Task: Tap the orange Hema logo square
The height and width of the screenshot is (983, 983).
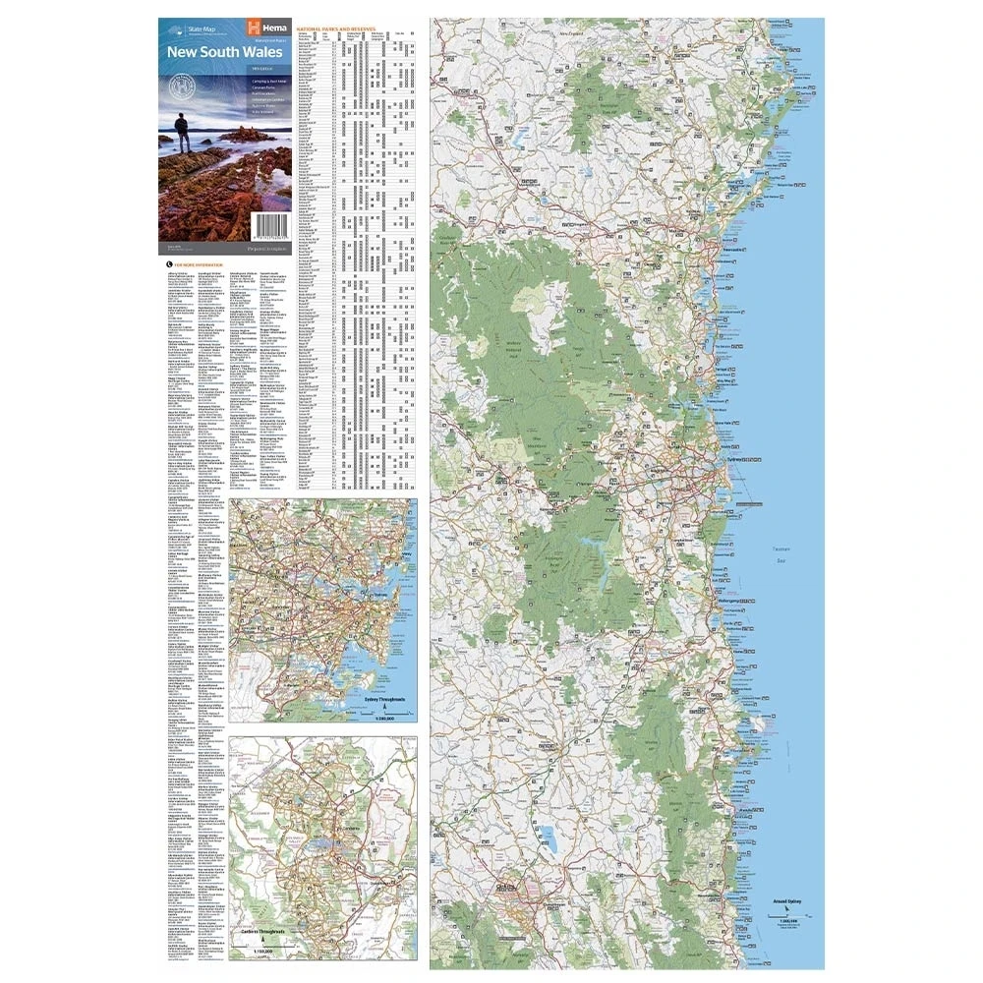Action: [x=255, y=28]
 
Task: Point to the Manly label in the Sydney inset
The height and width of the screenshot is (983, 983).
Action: [x=405, y=556]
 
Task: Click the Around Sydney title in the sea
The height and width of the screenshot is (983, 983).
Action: [x=787, y=899]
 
